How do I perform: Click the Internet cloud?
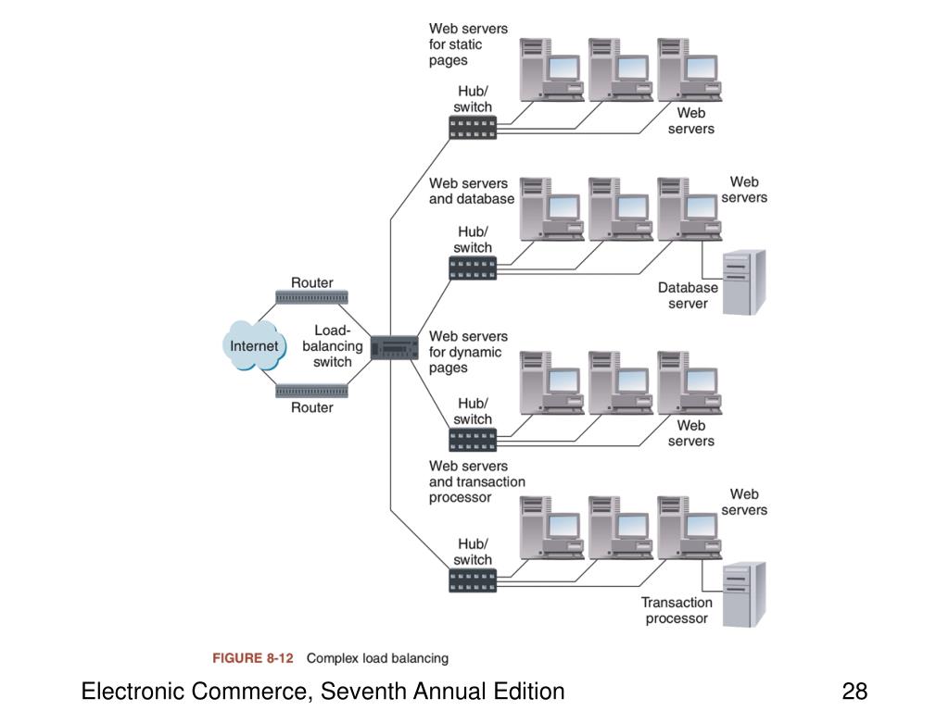(x=254, y=345)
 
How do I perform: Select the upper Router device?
(x=311, y=297)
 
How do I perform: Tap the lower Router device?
(x=311, y=392)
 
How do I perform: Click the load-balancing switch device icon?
(x=394, y=348)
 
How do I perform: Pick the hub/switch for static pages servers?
(x=473, y=128)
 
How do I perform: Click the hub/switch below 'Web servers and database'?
(x=473, y=268)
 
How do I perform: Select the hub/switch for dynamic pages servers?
(x=473, y=440)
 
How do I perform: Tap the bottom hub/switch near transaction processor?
(x=473, y=580)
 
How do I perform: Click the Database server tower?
(x=744, y=282)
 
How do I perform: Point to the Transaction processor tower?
(x=744, y=595)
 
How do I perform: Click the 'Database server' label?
(x=689, y=295)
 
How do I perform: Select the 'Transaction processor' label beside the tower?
(x=677, y=611)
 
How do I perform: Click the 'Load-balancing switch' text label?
(x=333, y=346)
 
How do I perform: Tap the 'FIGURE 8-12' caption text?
(x=252, y=658)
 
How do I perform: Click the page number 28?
(x=854, y=691)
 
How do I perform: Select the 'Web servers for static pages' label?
(x=468, y=44)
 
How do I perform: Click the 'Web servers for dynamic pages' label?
(x=468, y=352)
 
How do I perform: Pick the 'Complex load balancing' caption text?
(x=378, y=658)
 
